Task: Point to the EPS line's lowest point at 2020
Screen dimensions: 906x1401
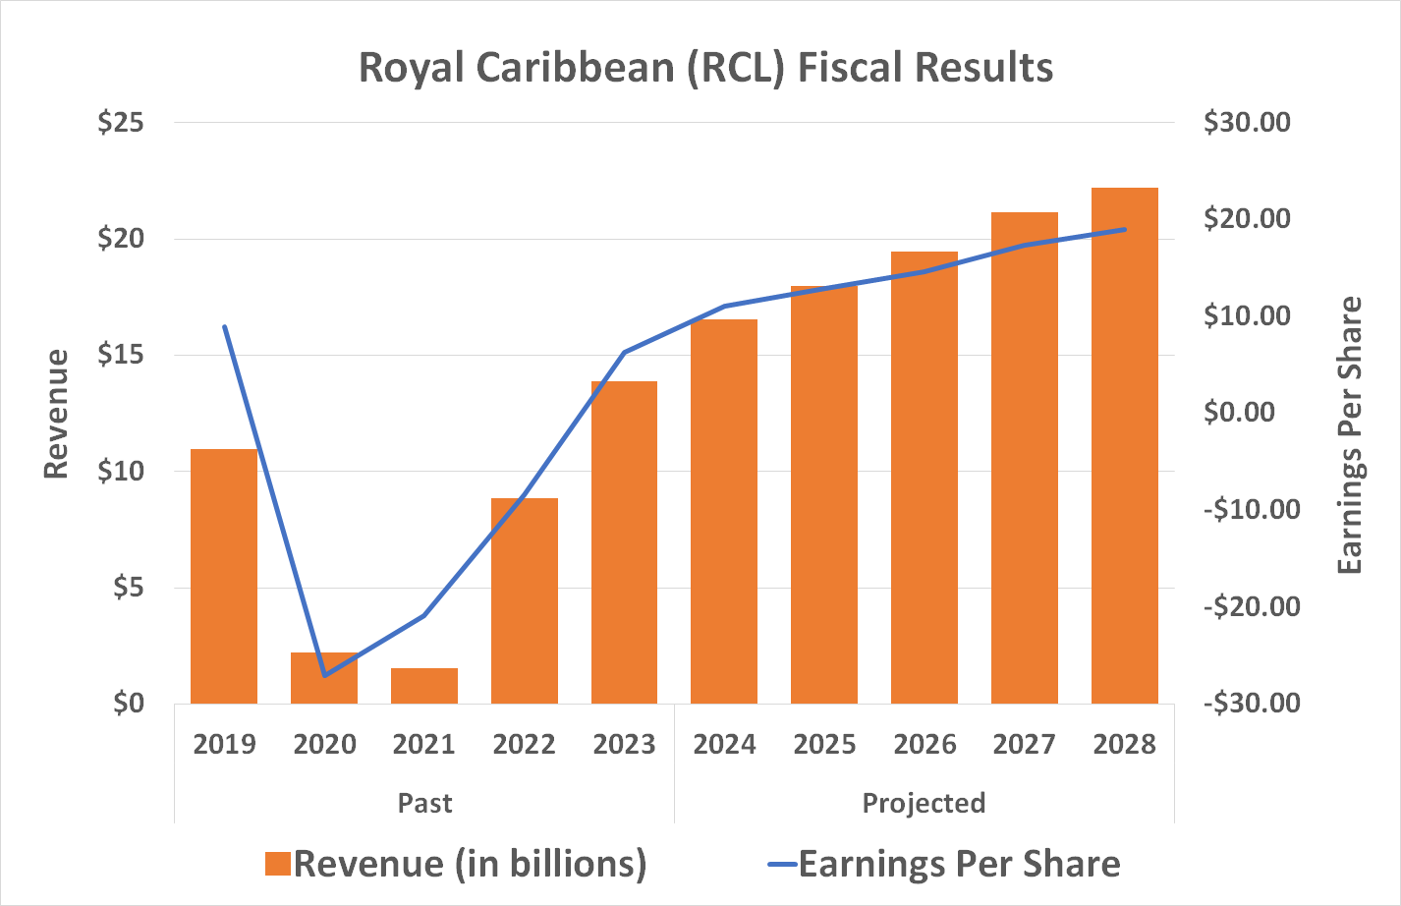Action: (324, 675)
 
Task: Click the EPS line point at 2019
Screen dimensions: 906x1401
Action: (224, 327)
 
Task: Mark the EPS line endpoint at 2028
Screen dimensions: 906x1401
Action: (1125, 229)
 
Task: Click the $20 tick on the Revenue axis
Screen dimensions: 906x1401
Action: (121, 239)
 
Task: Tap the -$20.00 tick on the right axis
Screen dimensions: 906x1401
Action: (1251, 606)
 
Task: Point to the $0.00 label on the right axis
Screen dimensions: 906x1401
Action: (1239, 412)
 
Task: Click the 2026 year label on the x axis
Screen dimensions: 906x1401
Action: (925, 745)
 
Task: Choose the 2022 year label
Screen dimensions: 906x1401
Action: (525, 745)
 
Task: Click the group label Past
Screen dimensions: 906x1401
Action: (424, 803)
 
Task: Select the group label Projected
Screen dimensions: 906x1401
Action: (924, 803)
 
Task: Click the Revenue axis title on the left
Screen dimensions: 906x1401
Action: (56, 414)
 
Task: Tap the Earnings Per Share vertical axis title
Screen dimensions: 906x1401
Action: (1351, 435)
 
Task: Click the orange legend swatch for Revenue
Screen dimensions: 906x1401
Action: (278, 864)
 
